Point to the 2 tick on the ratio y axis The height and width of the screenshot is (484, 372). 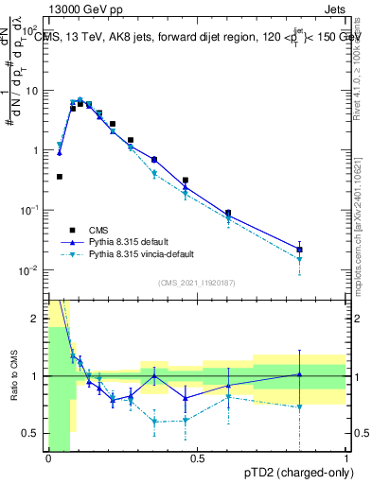coord(38,319)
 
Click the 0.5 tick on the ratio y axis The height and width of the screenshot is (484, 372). coord(33,433)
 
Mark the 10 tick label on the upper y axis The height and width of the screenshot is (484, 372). coord(33,91)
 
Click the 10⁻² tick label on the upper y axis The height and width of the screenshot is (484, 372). coord(31,270)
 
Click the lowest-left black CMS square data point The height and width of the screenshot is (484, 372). coord(60,177)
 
